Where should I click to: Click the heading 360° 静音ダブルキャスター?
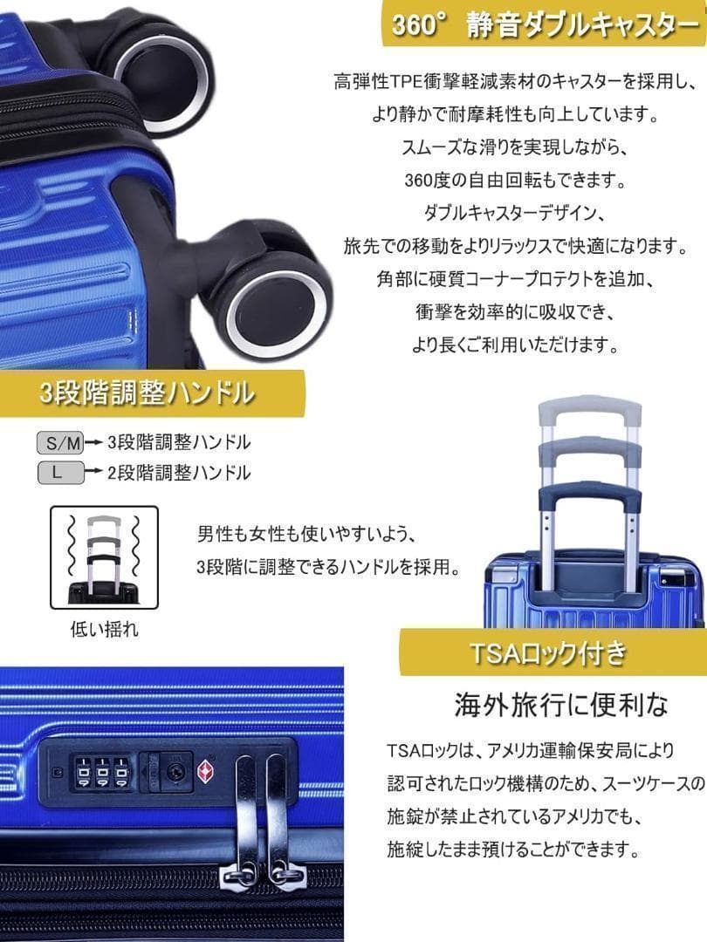pyautogui.click(x=543, y=25)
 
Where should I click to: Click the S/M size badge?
pyautogui.click(x=60, y=444)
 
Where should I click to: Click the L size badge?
pyautogui.click(x=60, y=474)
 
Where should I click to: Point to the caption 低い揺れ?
pyautogui.click(x=104, y=629)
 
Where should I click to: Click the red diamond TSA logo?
pyautogui.click(x=207, y=771)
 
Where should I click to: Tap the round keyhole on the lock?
pyautogui.click(x=175, y=771)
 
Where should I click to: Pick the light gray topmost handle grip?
pyautogui.click(x=590, y=410)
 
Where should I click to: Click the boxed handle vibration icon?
pyautogui.click(x=104, y=558)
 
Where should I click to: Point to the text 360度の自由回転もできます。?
pyautogui.click(x=517, y=181)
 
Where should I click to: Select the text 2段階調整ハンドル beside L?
pyautogui.click(x=179, y=473)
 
